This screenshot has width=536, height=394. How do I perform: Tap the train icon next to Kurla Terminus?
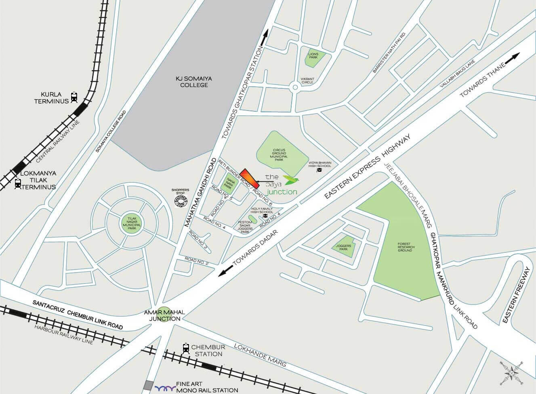(x=74, y=97)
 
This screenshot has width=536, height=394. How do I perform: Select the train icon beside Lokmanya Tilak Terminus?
(x=17, y=183)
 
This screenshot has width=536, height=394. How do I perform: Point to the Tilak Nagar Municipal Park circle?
(x=132, y=223)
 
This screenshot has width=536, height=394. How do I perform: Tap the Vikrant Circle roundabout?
(x=295, y=86)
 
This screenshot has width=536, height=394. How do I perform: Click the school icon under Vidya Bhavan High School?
(x=319, y=171)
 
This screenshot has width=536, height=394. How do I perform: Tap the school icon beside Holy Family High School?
(x=265, y=216)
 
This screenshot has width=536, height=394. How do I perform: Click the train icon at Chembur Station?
(x=186, y=348)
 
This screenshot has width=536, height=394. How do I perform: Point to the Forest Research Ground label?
(x=405, y=247)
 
